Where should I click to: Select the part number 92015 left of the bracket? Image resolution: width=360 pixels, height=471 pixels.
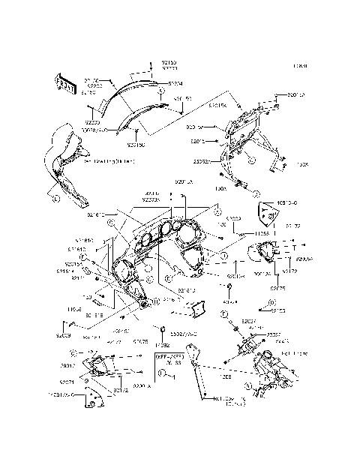[x=197, y=140]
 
